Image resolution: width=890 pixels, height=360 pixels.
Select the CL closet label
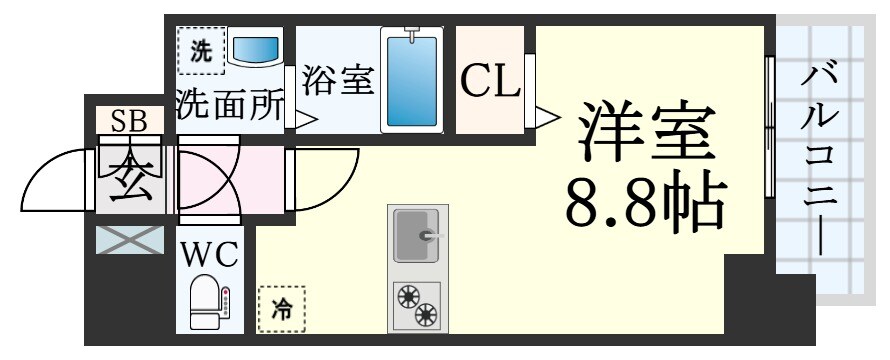pos(490,81)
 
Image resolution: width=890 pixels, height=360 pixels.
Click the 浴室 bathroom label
pos(337,81)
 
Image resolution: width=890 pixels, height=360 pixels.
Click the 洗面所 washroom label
pos(231,106)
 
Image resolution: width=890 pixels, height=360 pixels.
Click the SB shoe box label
pos(129,121)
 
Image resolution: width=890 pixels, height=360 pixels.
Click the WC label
pos(209,253)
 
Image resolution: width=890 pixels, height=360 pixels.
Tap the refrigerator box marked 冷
pos(281,309)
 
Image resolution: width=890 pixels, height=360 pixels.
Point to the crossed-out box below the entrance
pos(129,241)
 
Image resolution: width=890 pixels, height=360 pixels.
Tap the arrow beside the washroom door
pos(306,119)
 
